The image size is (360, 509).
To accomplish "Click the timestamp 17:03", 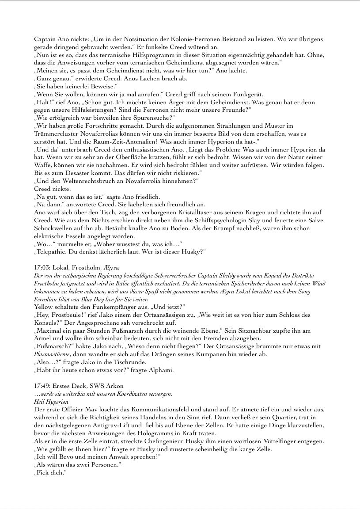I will [x=42, y=267].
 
